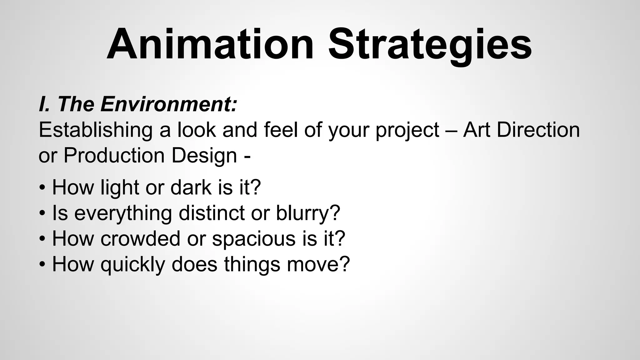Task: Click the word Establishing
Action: pos(95,130)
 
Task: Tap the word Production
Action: pos(114,155)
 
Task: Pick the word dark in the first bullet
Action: pos(191,187)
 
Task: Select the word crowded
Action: pos(141,238)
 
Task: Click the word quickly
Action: pos(133,265)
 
